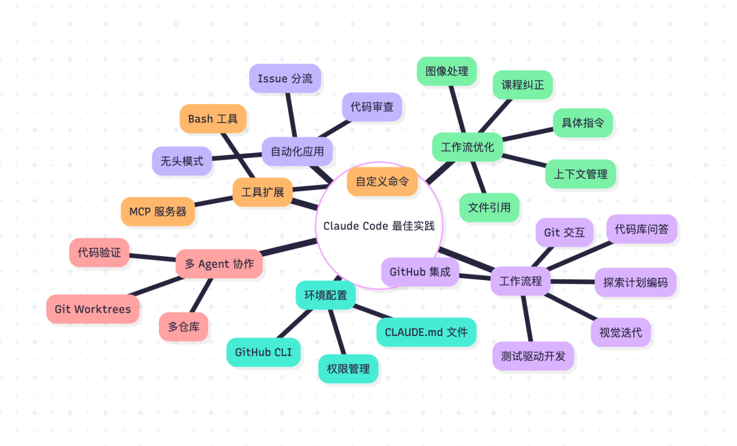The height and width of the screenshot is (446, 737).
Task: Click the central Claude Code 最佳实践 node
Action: click(379, 226)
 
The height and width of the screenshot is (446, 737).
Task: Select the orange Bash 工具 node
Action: click(213, 119)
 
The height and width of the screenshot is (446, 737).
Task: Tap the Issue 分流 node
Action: click(285, 79)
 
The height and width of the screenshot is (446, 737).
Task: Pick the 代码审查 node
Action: click(372, 107)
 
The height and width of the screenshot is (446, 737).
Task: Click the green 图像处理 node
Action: click(446, 72)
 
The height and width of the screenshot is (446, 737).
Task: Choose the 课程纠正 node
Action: click(522, 85)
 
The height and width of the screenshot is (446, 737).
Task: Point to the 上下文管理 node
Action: click(581, 174)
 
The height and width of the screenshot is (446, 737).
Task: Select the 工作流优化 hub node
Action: click(467, 148)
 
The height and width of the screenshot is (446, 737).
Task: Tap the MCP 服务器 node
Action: click(158, 212)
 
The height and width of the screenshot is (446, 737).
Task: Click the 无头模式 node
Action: click(182, 161)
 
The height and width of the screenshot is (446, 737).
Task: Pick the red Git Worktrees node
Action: click(93, 309)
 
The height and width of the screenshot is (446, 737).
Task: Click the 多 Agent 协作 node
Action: click(219, 264)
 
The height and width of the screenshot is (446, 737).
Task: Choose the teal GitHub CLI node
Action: click(263, 352)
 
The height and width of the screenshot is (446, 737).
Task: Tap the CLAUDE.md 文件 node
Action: click(427, 333)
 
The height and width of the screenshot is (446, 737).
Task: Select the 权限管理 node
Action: click(348, 369)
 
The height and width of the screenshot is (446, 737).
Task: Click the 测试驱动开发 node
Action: click(533, 356)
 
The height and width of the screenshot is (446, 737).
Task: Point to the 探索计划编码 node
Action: click(635, 283)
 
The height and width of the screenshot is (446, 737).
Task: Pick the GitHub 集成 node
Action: click(420, 272)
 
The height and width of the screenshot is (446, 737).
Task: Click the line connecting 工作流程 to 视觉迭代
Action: click(570, 306)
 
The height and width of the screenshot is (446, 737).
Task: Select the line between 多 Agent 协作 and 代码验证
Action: click(152, 257)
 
